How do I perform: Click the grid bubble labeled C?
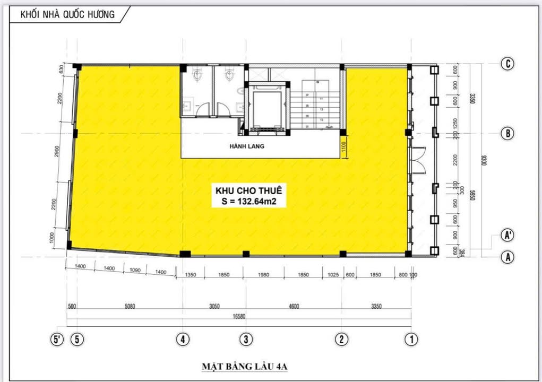(x=508, y=64)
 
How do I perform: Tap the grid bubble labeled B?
(x=508, y=133)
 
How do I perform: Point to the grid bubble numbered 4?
(x=183, y=339)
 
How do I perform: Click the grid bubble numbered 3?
(x=245, y=339)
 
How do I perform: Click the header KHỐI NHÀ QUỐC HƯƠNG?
(x=67, y=14)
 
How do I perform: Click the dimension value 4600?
(x=294, y=306)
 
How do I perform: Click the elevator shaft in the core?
(x=268, y=109)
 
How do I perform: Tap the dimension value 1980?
(x=264, y=275)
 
